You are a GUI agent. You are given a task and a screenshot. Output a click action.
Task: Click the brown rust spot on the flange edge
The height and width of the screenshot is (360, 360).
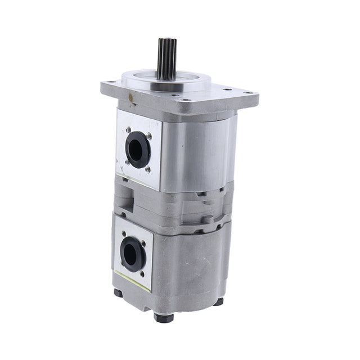coord(132,103)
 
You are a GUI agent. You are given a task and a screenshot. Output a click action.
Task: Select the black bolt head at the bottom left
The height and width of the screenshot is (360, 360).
coord(118,293)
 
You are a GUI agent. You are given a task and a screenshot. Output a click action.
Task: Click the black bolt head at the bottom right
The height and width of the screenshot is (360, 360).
coord(218,301)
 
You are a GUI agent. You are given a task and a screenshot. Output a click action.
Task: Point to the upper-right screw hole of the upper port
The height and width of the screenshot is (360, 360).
coord(149,136)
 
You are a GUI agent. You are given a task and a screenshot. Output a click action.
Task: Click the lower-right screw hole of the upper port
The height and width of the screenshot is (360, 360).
coord(147,169)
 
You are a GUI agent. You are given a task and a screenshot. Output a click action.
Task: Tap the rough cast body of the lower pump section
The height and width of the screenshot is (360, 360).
coord(186,264)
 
